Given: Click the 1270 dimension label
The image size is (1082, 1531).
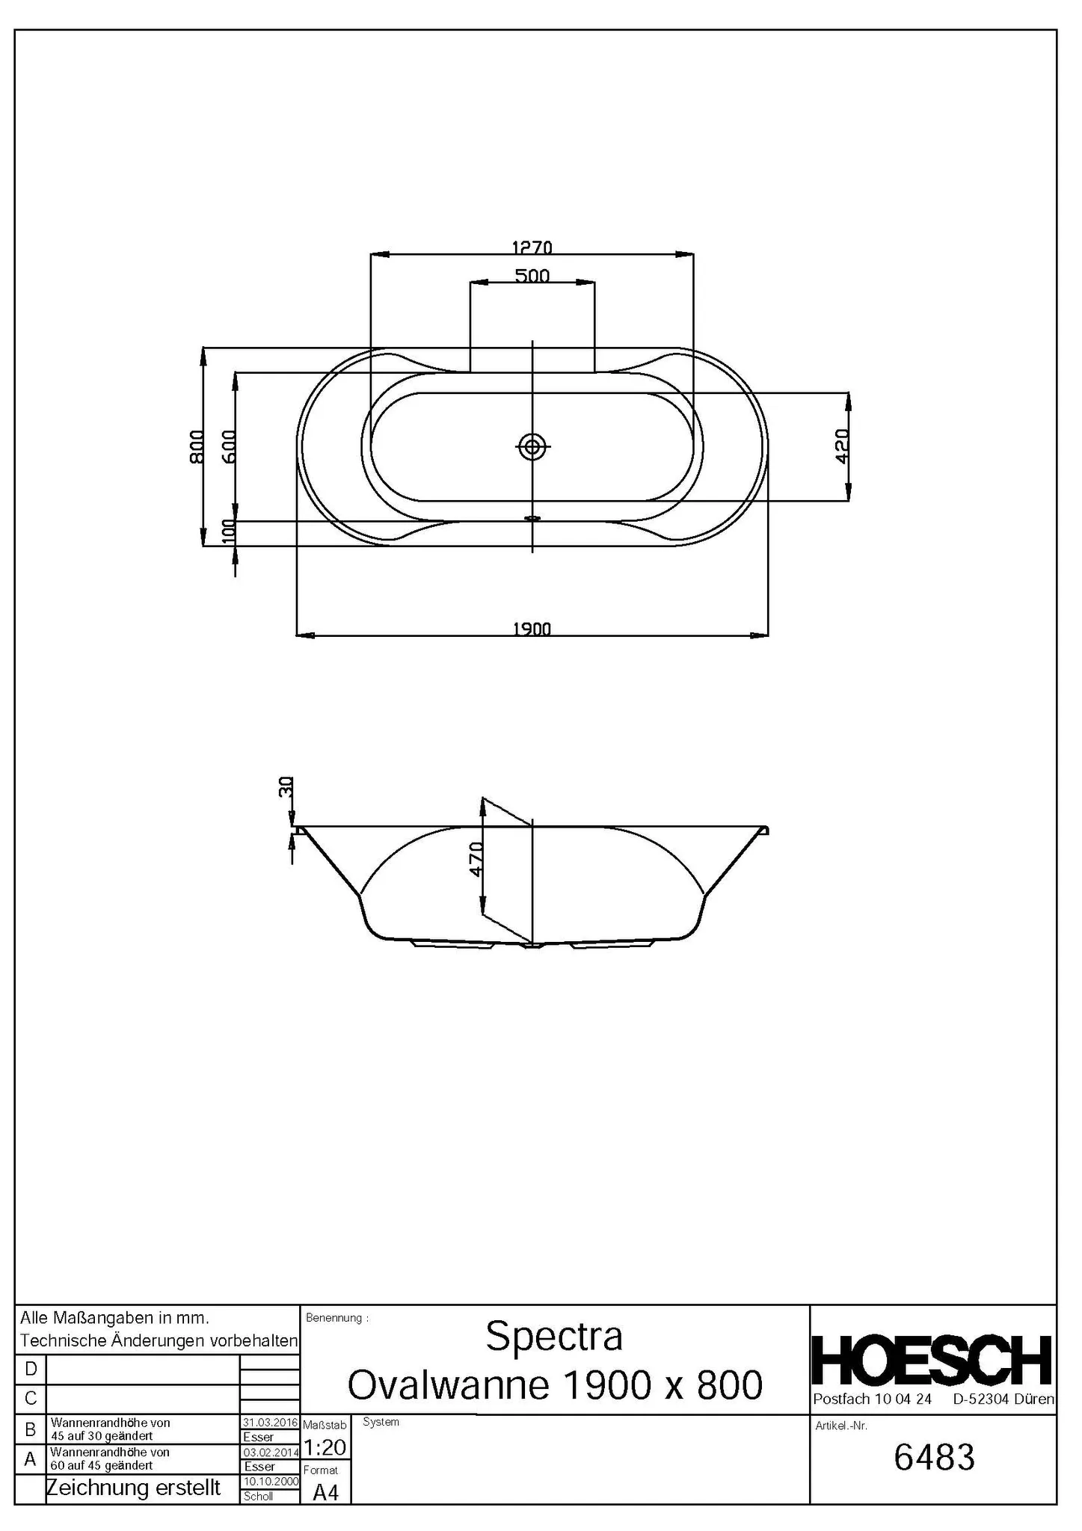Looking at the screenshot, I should [x=532, y=247].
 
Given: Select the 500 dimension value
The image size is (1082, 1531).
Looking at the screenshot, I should [x=532, y=276].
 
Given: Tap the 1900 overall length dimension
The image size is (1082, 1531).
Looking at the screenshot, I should [x=532, y=629].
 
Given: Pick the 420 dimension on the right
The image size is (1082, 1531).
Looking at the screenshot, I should [x=842, y=446].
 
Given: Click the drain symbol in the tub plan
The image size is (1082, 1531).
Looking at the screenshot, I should [x=532, y=447].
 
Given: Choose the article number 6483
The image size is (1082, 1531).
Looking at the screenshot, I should [x=934, y=1458].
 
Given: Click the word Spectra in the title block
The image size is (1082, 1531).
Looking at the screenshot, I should [x=554, y=1336].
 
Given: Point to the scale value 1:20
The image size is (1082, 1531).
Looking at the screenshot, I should [x=325, y=1448].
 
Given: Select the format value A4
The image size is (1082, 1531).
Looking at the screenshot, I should [x=325, y=1493].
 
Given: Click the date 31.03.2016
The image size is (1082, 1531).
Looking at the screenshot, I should [x=270, y=1423].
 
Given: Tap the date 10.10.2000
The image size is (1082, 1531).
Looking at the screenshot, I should [x=270, y=1482].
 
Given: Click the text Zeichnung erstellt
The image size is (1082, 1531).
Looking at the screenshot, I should [x=134, y=1488].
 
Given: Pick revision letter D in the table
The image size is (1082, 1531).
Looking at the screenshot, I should [x=31, y=1370].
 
